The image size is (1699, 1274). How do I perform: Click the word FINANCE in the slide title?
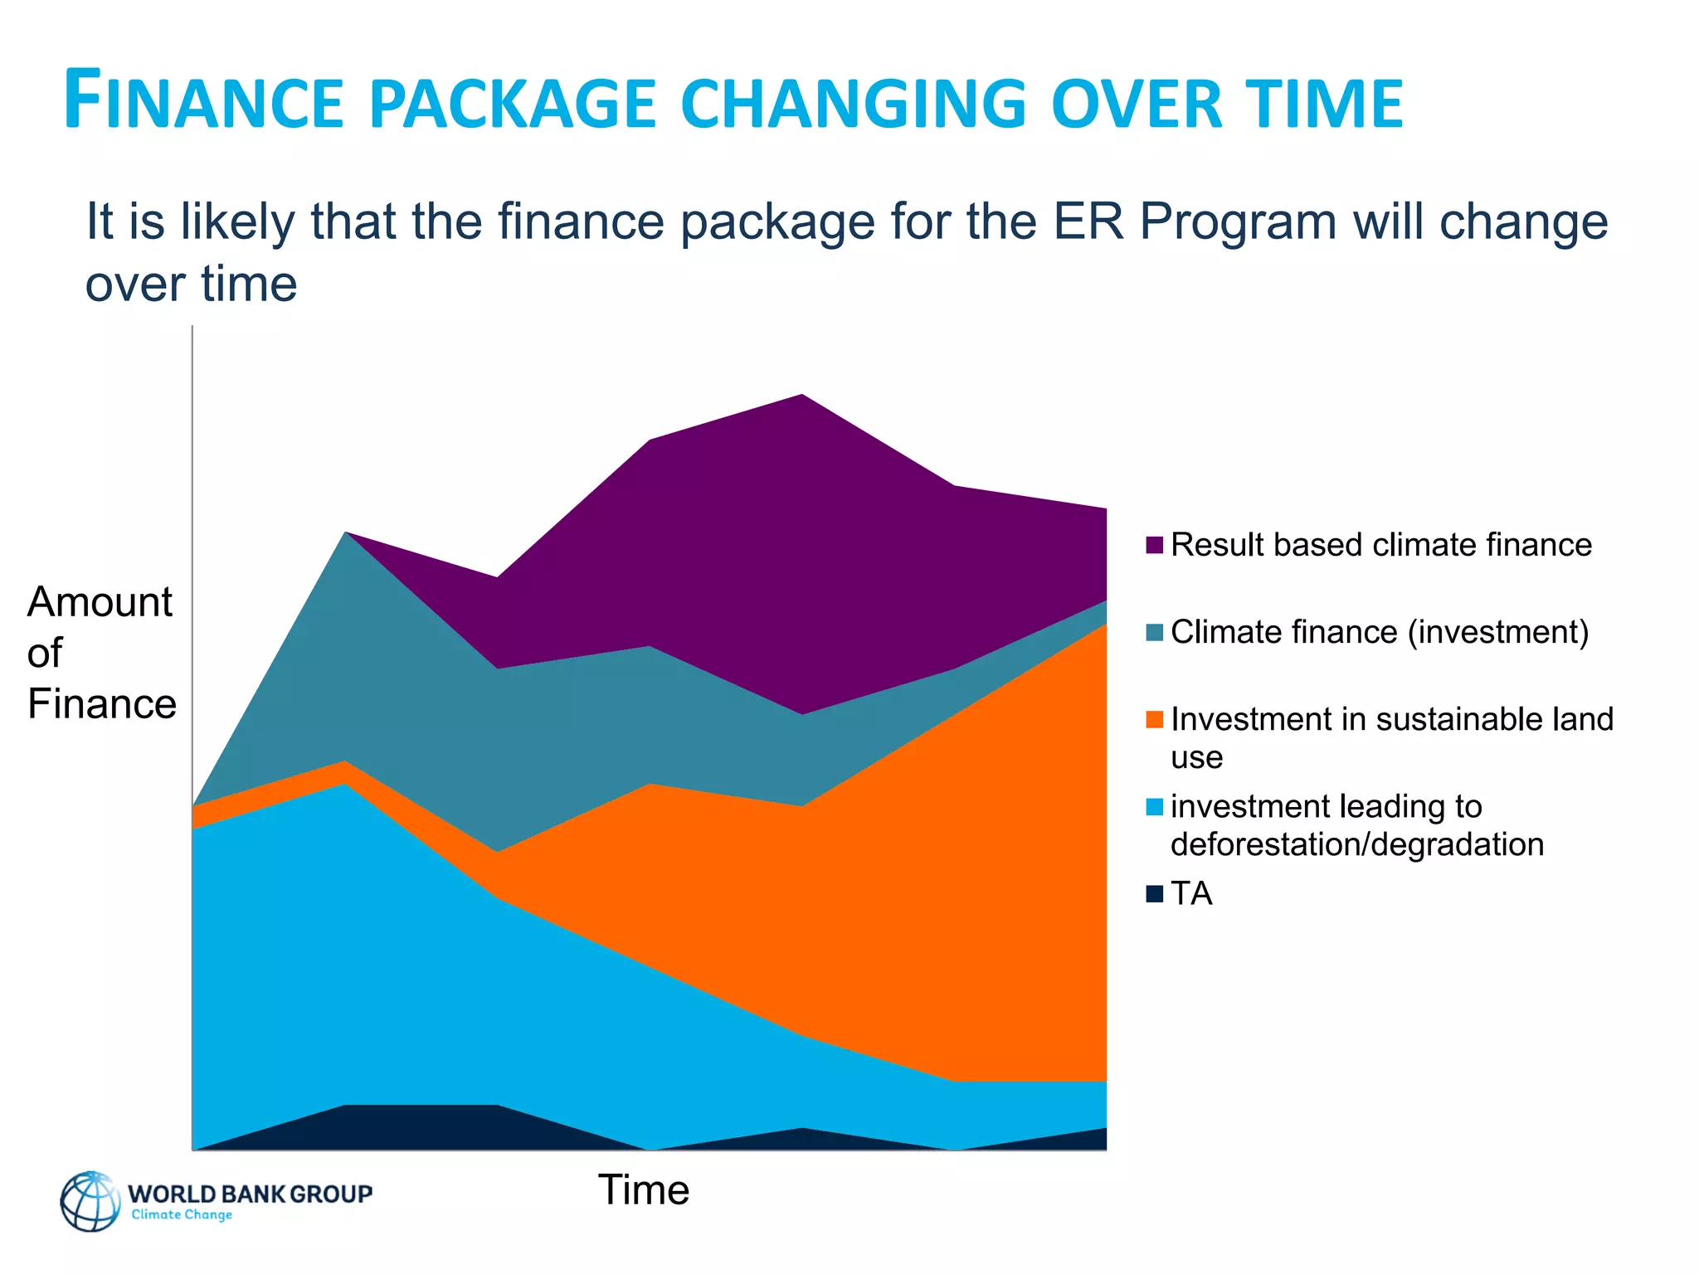coord(203,102)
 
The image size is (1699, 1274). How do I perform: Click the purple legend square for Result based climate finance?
coord(1154,545)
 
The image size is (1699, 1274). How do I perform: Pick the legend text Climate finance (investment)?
coord(1380,632)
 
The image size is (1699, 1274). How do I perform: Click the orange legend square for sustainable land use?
coord(1154,719)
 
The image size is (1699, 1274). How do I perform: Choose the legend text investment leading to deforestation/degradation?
coord(1356,825)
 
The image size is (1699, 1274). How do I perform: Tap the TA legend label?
coord(1191,894)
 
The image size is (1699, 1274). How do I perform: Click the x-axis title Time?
coord(643,1190)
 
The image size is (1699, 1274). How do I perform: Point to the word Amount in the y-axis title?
coord(100,602)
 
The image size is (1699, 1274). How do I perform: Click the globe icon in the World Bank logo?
coord(90,1201)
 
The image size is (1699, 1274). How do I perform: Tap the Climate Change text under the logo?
coord(182,1215)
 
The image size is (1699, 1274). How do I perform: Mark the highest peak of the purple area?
coord(801,396)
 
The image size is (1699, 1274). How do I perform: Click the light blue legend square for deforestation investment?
coord(1154,806)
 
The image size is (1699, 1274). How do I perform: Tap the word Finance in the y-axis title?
coord(101,704)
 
